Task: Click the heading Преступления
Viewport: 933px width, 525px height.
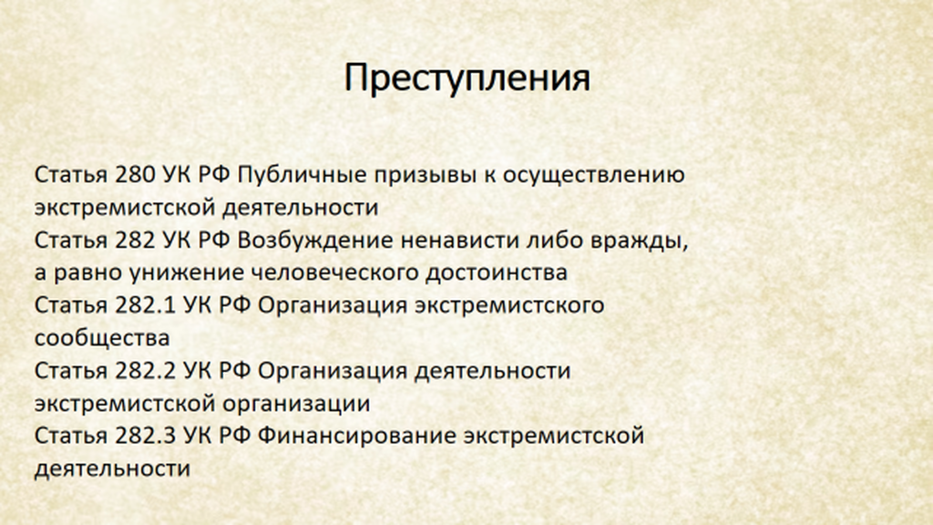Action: point(467,78)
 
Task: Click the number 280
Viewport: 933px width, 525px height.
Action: point(135,175)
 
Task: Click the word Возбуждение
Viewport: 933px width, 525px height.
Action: point(314,241)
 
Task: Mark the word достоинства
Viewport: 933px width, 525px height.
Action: point(497,273)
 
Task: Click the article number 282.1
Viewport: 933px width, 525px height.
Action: point(145,305)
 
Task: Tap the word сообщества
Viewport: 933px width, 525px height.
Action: point(102,338)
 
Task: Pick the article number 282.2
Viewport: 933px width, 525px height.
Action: point(145,371)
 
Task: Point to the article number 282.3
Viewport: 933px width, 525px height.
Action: point(145,436)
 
